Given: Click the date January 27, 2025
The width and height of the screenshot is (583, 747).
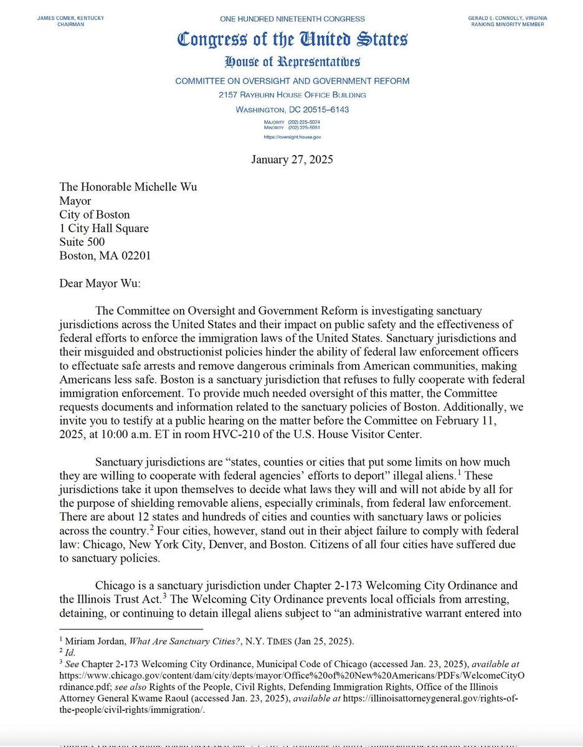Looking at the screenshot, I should pos(292,159).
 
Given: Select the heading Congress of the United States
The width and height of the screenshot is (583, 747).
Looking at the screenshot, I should pos(292,40).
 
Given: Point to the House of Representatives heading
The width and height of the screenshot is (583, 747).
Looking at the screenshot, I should pos(292,62).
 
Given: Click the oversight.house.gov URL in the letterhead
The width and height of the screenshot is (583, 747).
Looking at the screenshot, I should pos(292,137).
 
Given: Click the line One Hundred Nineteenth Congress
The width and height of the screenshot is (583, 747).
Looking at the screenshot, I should pos(292,19).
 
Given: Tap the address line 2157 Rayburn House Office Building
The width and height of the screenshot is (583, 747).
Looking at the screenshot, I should pos(292,95).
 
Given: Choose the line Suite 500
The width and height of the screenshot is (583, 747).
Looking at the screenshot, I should pos(82,242).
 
